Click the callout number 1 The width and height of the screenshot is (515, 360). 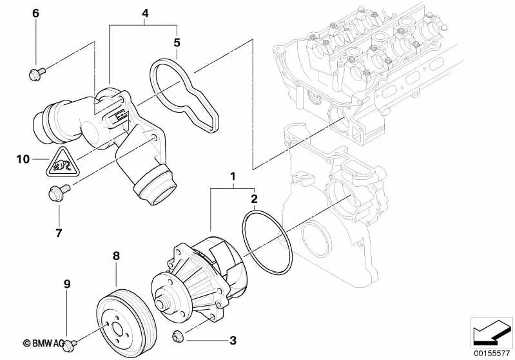(233, 176)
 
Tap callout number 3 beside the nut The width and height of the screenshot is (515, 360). (233, 339)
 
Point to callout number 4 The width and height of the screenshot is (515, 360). (144, 13)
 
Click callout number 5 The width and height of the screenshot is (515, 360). (177, 43)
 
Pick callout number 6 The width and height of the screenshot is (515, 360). (35, 13)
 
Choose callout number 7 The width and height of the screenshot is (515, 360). (59, 231)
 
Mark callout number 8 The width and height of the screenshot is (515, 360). (116, 256)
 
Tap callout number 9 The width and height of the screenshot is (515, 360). (66, 283)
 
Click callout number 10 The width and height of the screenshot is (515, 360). (23, 158)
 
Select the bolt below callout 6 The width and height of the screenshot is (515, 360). (36, 72)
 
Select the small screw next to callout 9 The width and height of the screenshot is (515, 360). (72, 343)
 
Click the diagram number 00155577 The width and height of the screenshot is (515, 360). (491, 352)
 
